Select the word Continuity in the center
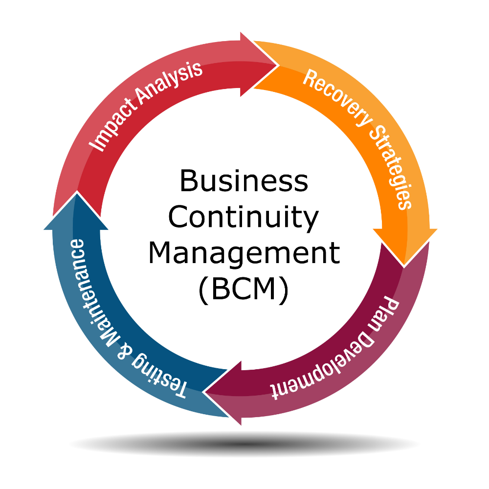[243, 218]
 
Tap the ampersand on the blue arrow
[122, 350]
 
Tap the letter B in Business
[188, 181]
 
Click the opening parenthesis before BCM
[203, 290]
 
